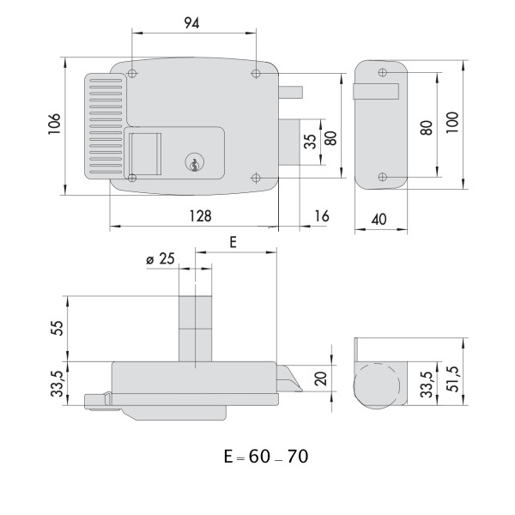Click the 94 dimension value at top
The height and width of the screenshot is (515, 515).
click(x=191, y=24)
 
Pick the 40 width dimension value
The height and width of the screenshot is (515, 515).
click(x=378, y=219)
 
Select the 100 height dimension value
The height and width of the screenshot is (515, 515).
click(x=453, y=122)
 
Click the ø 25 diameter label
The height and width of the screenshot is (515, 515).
click(x=161, y=258)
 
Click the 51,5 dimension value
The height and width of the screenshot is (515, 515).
click(x=453, y=379)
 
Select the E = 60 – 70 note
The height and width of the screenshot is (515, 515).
click(x=265, y=456)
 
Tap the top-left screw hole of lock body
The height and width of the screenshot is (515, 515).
click(x=132, y=74)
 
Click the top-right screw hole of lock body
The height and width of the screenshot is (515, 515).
click(x=256, y=74)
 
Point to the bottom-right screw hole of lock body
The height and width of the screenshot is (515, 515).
click(x=256, y=178)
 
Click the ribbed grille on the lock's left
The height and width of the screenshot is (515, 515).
click(x=104, y=125)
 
